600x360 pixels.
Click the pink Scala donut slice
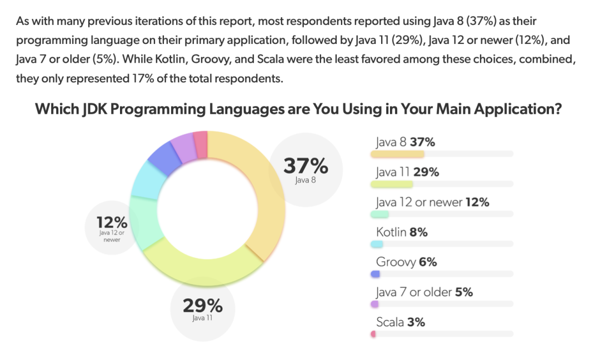click(201, 144)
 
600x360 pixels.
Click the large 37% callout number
click(306, 166)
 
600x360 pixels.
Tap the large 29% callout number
click(202, 306)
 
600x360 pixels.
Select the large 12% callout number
click(112, 223)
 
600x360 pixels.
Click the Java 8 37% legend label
click(405, 142)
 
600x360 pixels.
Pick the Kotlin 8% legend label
click(402, 232)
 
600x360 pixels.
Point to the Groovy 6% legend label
click(406, 262)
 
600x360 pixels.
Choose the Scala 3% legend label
click(400, 322)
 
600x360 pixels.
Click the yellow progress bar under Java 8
click(397, 154)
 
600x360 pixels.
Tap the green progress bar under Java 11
click(392, 184)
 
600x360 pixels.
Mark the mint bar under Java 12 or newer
click(380, 214)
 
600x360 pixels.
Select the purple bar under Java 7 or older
click(374, 304)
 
